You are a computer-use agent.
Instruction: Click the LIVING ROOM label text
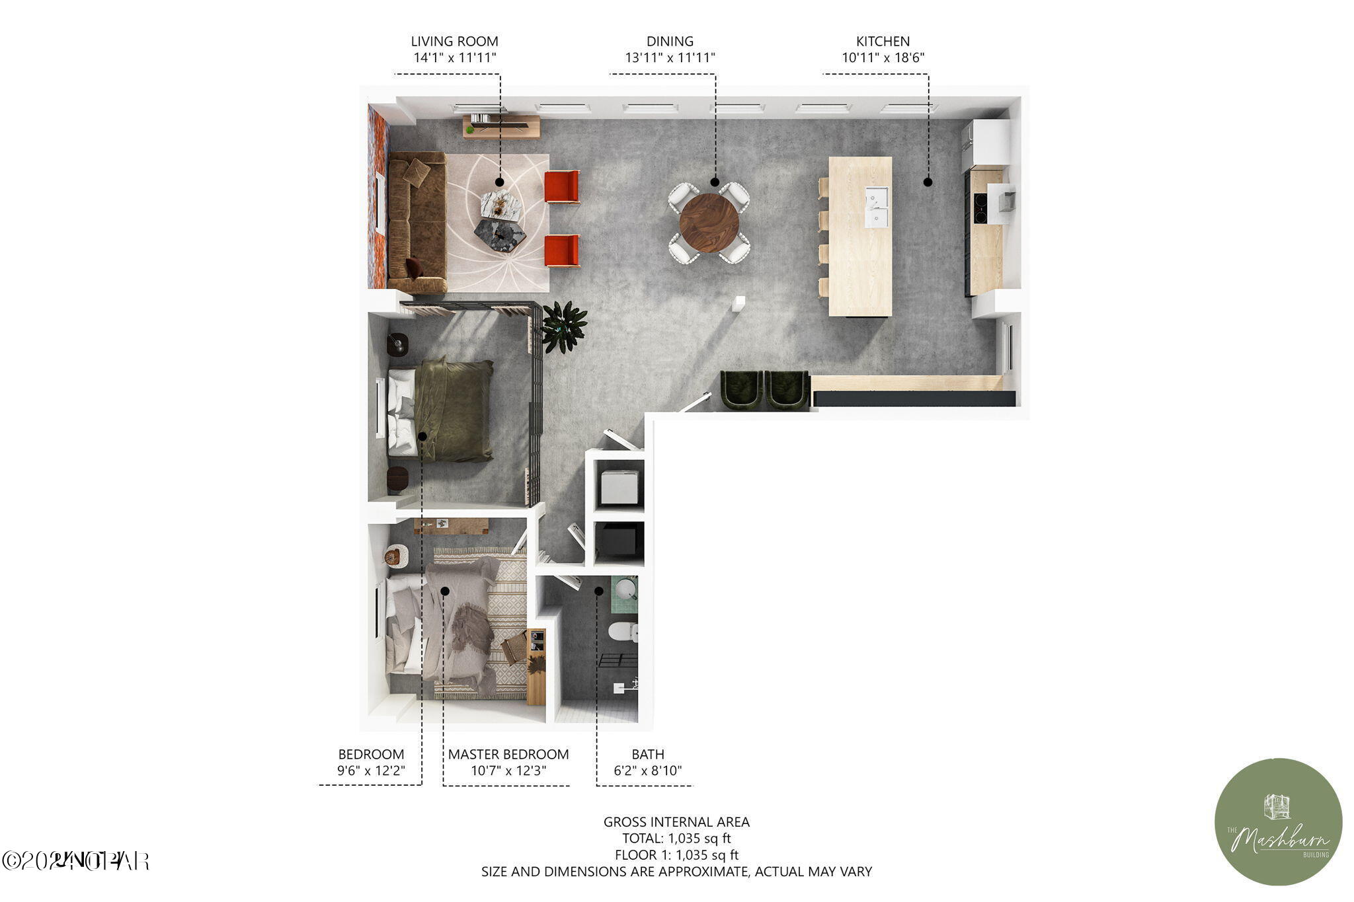click(454, 41)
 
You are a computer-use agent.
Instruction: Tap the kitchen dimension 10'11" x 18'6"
click(883, 57)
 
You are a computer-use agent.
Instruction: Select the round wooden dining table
click(709, 223)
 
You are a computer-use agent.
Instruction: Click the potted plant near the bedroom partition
click(563, 326)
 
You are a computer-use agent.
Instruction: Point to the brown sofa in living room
click(417, 223)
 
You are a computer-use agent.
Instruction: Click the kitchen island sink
click(877, 207)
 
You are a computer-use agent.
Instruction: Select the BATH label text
click(647, 754)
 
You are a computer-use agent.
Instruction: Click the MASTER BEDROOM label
click(508, 754)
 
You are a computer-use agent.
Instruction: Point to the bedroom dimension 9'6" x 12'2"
click(370, 770)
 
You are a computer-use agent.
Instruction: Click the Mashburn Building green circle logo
click(1278, 821)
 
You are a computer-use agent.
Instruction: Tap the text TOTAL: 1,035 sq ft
click(676, 839)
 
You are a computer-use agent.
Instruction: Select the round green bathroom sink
click(625, 587)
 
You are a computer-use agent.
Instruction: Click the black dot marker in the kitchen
click(928, 182)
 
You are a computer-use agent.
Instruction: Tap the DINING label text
click(670, 41)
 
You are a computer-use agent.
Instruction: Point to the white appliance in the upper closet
click(619, 487)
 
